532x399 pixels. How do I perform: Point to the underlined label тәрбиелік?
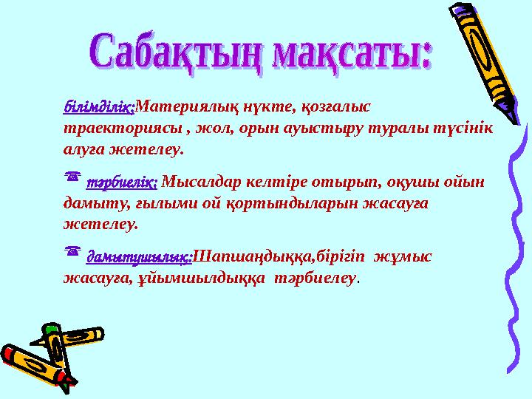[x=121, y=182]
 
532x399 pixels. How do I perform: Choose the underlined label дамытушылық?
[x=139, y=257]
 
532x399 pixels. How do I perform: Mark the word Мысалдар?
[x=194, y=182]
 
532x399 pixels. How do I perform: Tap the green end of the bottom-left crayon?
[x=51, y=328]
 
